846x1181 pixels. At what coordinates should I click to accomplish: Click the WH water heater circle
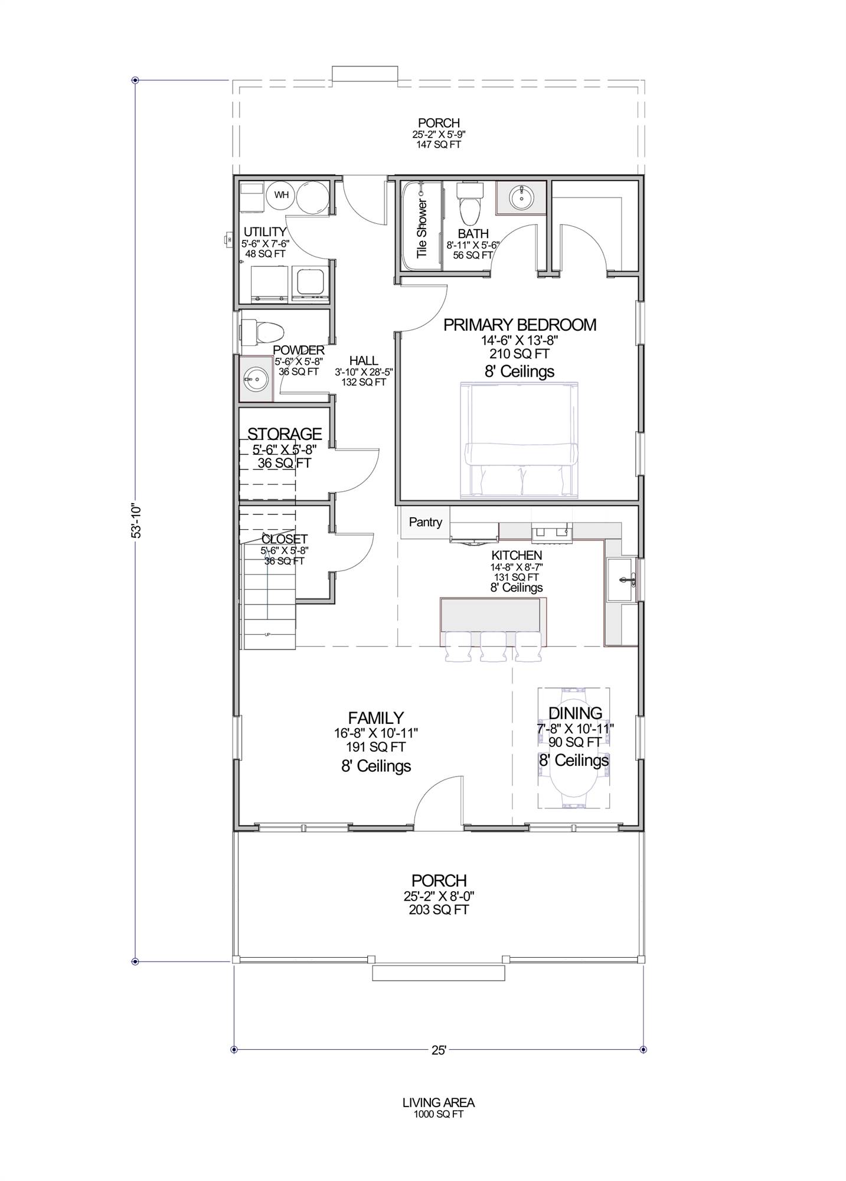coord(282,195)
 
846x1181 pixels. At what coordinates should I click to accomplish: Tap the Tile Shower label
coord(422,228)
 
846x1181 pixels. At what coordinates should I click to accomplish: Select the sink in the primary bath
coord(521,197)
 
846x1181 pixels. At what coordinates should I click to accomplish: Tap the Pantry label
coord(425,522)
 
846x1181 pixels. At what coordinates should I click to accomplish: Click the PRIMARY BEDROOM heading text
coord(520,325)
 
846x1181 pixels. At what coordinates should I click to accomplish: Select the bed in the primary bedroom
coord(520,440)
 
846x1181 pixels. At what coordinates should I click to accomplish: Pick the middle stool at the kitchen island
coord(494,647)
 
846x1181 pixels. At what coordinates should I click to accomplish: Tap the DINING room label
coord(575,713)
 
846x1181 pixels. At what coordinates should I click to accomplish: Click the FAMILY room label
coord(375,717)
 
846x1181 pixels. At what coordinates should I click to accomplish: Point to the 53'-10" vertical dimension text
coord(136,520)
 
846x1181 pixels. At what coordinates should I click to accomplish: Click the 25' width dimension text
coord(438,1050)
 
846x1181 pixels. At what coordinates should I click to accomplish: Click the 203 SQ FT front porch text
coord(438,910)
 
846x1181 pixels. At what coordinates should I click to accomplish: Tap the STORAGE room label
coord(284,434)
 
